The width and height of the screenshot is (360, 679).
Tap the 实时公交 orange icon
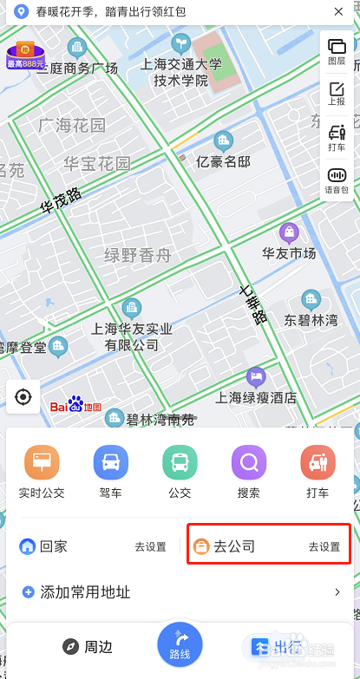coord(42,463)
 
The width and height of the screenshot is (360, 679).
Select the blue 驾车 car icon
coord(110,463)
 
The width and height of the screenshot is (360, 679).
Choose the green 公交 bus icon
coord(180,463)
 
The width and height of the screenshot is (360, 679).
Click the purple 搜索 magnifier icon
coord(249,463)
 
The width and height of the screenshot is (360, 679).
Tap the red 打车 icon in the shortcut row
coord(317,463)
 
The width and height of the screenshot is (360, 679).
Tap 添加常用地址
coord(85,593)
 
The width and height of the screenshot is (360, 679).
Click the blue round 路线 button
coord(180,646)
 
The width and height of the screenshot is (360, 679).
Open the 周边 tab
coord(87,647)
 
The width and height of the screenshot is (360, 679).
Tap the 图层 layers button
coord(337,51)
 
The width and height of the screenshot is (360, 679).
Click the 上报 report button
coord(337,93)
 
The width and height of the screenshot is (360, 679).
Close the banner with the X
coord(337,12)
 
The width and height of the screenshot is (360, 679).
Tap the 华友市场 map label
coord(289,253)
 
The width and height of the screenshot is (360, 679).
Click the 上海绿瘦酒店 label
coord(256,398)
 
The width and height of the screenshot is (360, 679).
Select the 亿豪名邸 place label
coord(224,160)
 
